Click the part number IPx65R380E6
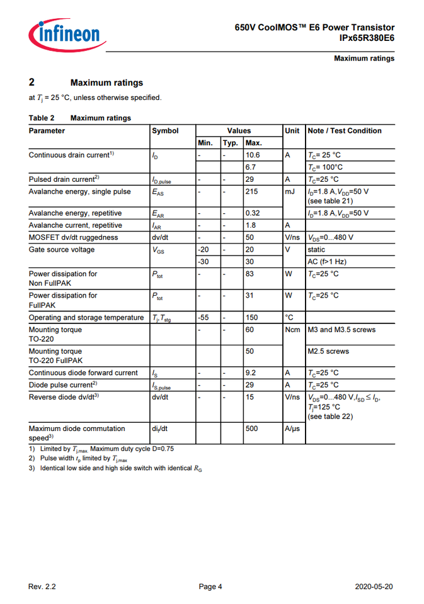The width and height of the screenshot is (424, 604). (x=367, y=38)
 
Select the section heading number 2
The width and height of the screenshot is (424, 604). (x=32, y=82)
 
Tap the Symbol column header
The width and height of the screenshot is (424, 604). (x=165, y=131)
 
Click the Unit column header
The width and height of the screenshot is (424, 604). (x=292, y=131)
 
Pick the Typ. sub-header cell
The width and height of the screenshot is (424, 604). (x=231, y=143)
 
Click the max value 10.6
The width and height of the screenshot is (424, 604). (x=253, y=155)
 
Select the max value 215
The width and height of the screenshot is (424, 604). (x=252, y=192)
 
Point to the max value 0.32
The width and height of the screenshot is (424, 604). (x=253, y=213)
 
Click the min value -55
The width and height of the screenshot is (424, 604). (x=203, y=318)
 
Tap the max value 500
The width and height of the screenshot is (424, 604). (x=252, y=428)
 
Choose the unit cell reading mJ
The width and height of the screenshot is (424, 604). (x=290, y=192)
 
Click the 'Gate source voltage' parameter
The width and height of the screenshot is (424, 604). (x=62, y=250)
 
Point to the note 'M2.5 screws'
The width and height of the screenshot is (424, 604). (x=328, y=351)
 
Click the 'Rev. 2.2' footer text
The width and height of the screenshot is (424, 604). (x=42, y=587)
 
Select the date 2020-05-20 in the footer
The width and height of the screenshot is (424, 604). (x=374, y=587)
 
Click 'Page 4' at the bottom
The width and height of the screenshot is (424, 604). (x=210, y=587)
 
